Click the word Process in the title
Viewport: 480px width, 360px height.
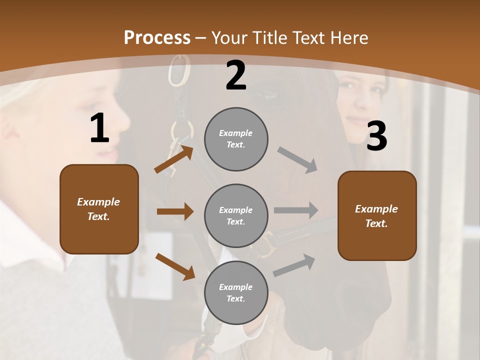(157, 38)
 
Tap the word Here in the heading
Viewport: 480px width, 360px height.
(346, 38)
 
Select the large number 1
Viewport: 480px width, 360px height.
(99, 128)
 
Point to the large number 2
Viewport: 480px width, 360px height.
(236, 75)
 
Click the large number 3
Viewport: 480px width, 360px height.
(376, 136)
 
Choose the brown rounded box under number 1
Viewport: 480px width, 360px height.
(99, 209)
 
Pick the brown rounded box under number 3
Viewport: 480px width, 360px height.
(377, 215)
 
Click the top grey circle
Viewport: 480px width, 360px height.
(236, 139)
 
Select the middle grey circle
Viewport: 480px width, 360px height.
(236, 215)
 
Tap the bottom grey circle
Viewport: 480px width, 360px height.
(236, 292)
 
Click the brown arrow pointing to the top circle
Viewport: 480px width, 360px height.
(173, 159)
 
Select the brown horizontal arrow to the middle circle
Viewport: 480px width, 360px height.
(175, 211)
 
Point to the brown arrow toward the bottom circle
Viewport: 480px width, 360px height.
(175, 266)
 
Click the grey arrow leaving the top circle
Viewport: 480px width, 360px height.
(297, 159)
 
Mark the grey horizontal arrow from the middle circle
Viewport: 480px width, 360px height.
(296, 210)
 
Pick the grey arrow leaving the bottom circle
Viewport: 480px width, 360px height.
(294, 265)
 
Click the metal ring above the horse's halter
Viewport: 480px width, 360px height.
(179, 70)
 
